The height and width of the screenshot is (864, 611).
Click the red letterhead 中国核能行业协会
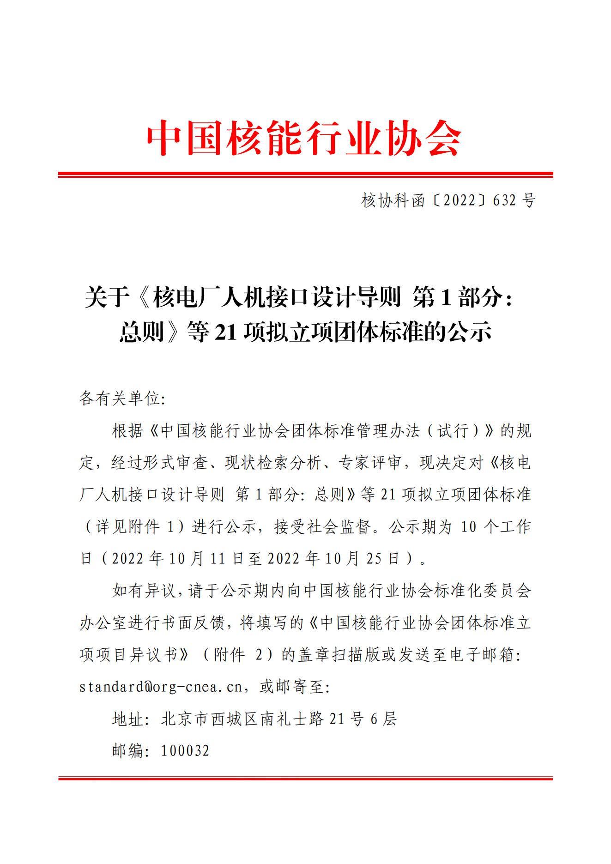tap(304, 138)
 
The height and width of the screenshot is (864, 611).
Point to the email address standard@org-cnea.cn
tap(161, 687)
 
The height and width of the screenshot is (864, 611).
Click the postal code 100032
tap(185, 750)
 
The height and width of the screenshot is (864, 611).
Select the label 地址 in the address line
tap(128, 719)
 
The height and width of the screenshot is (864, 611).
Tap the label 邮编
tap(128, 750)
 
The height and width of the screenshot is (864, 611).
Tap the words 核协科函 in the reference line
tap(393, 200)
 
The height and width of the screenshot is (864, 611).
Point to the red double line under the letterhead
tap(305, 175)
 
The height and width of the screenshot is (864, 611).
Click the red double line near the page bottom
tap(305, 779)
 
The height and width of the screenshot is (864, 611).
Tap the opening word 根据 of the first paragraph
tap(128, 431)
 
